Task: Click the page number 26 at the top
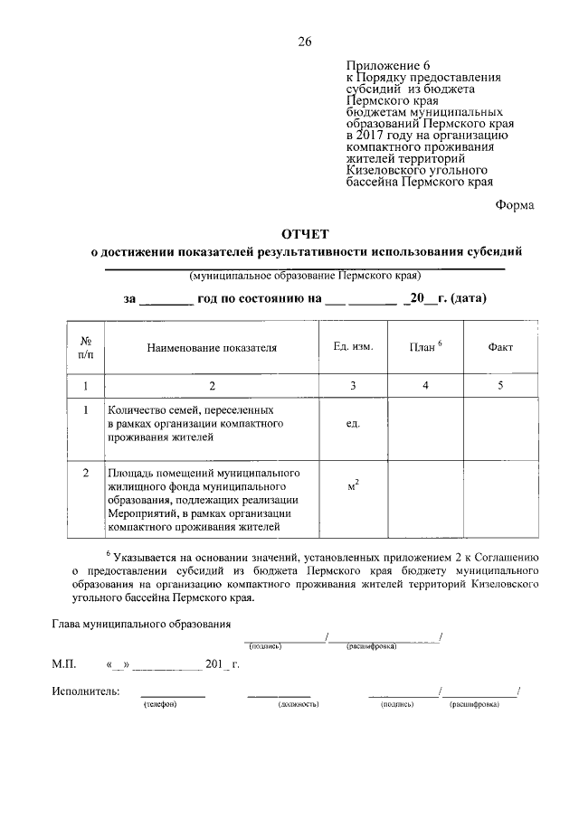coord(304,41)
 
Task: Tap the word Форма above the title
coord(514,204)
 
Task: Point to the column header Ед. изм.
coord(353,347)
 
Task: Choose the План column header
coord(424,346)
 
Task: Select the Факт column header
coord(500,347)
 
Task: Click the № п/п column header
coord(87,347)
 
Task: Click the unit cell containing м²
coord(353,487)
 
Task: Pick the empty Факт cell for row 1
coord(500,425)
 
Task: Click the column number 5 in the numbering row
coord(500,386)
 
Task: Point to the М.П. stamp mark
coord(64,664)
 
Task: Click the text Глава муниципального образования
coord(141,624)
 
